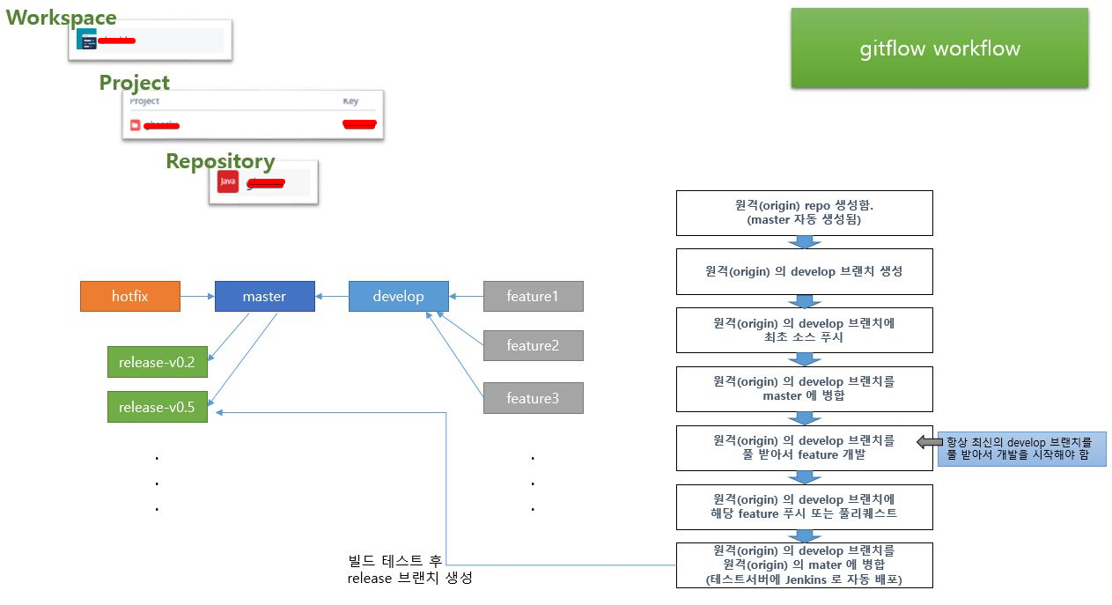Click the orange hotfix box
[130, 297]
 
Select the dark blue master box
[264, 297]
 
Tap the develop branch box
[398, 297]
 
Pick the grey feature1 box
[533, 297]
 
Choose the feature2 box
[533, 346]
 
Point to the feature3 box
[533, 399]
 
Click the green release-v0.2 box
[157, 362]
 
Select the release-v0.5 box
[157, 408]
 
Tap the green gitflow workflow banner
[939, 48]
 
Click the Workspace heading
[62, 18]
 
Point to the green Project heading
[134, 83]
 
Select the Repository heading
[220, 161]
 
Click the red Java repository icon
[228, 181]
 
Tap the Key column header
[350, 101]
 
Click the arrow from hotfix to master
[197, 297]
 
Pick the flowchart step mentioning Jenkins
[804, 565]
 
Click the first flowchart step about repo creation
[804, 213]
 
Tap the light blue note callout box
[1021, 448]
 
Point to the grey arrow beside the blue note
[926, 442]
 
